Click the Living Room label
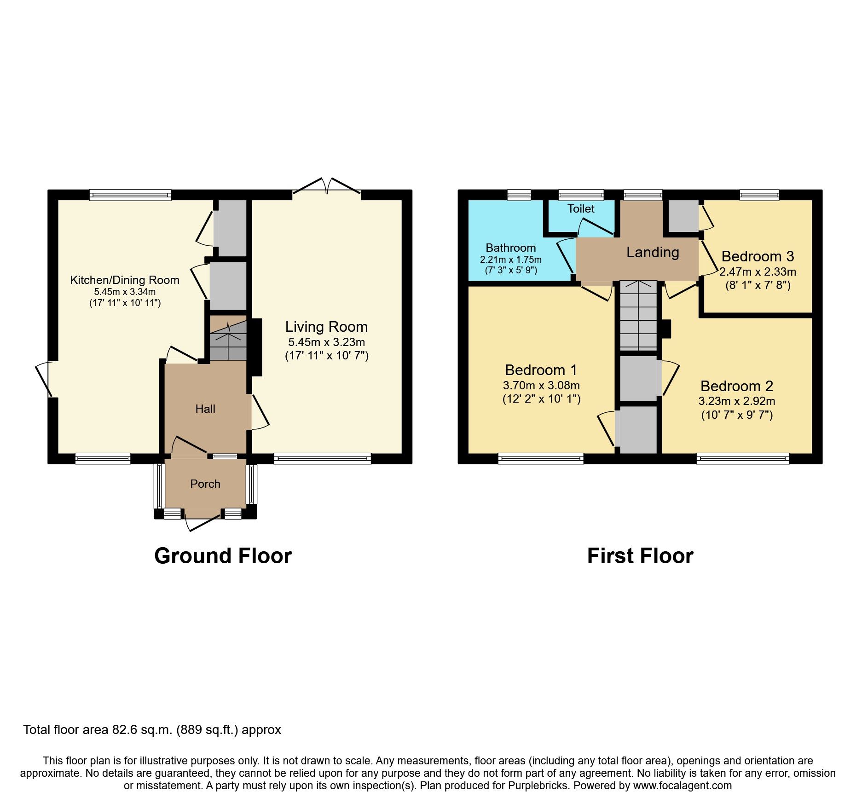[x=326, y=327]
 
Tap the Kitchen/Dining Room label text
[x=124, y=280]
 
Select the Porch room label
[x=205, y=484]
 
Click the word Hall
[x=205, y=409]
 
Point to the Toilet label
[x=581, y=208]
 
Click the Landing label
[x=653, y=252]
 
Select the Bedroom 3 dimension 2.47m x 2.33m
[x=758, y=272]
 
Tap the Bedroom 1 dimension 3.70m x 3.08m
[x=541, y=385]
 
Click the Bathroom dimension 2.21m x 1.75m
[x=510, y=260]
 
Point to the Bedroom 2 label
[x=737, y=386]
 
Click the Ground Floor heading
[x=223, y=556]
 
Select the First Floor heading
[x=640, y=556]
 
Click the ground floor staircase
[x=228, y=341]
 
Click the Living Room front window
[x=322, y=458]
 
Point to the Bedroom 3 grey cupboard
[x=683, y=216]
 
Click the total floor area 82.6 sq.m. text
[x=152, y=730]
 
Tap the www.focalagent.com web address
[x=682, y=786]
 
